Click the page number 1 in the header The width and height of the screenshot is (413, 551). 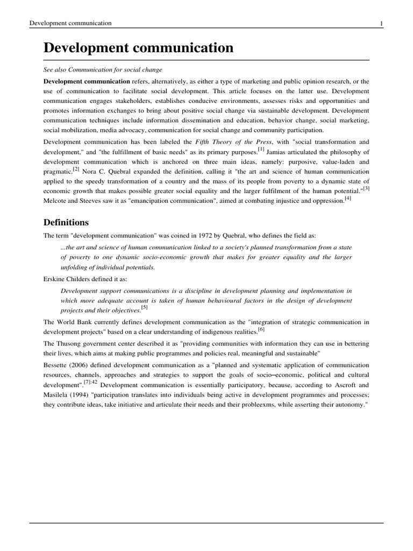[x=381, y=23]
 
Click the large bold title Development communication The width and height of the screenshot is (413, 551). [x=138, y=48]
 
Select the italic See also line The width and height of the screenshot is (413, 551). [x=103, y=70]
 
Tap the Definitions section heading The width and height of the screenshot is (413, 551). [x=66, y=222]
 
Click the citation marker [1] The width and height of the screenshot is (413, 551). [x=261, y=149]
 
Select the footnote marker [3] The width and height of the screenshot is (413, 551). [x=366, y=188]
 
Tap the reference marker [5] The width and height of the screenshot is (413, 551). [x=144, y=308]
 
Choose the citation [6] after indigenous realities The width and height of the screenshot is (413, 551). [x=261, y=329]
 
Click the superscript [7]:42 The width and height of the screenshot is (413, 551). [x=90, y=382]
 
